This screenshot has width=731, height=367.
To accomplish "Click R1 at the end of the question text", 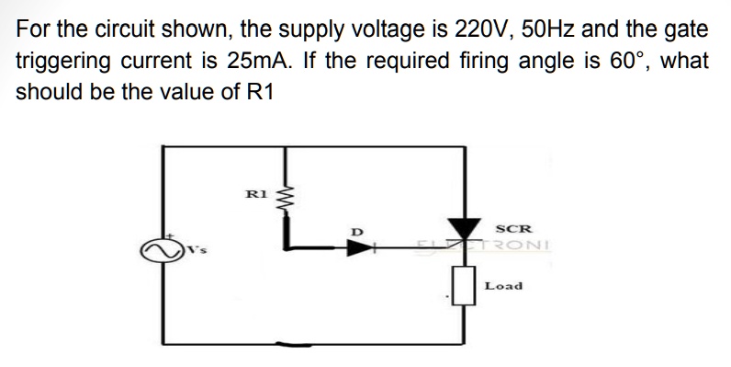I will point(260,93).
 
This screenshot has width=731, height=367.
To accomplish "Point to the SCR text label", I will point(510,227).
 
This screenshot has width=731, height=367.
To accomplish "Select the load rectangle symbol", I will point(459,285).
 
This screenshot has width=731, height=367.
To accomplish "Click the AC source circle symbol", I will point(155,248).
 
